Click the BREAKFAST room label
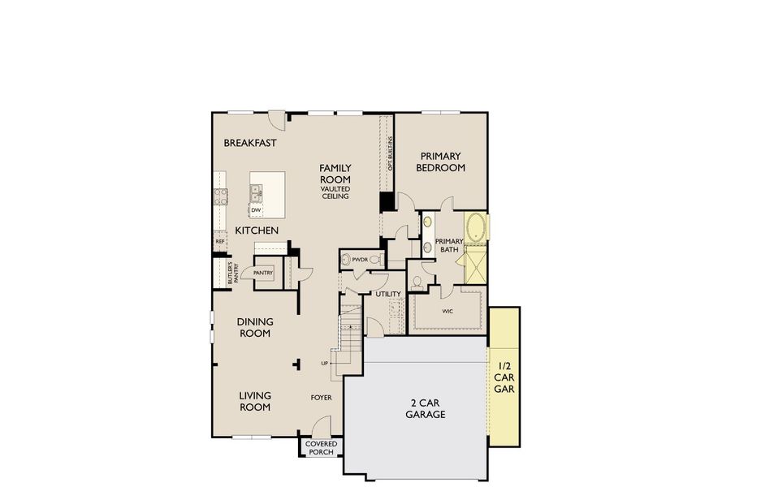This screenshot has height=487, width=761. (x=250, y=143)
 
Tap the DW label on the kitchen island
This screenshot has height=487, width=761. (x=256, y=210)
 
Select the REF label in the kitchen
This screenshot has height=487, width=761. (x=219, y=241)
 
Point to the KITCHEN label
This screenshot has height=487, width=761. (x=257, y=231)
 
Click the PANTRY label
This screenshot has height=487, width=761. (x=263, y=273)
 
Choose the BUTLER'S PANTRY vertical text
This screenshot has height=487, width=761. (x=233, y=272)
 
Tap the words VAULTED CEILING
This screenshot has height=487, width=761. (x=335, y=192)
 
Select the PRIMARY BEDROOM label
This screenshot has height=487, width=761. (x=440, y=162)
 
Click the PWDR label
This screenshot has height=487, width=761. (x=361, y=260)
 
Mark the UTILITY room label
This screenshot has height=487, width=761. (x=388, y=294)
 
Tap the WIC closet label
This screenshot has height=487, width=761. (x=448, y=311)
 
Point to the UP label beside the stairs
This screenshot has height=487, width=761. (x=325, y=363)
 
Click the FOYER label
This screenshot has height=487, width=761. (x=322, y=398)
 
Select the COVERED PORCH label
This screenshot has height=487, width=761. (x=322, y=448)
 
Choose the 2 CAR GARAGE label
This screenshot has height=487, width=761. (x=426, y=408)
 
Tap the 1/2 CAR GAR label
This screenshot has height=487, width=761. (x=504, y=377)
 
